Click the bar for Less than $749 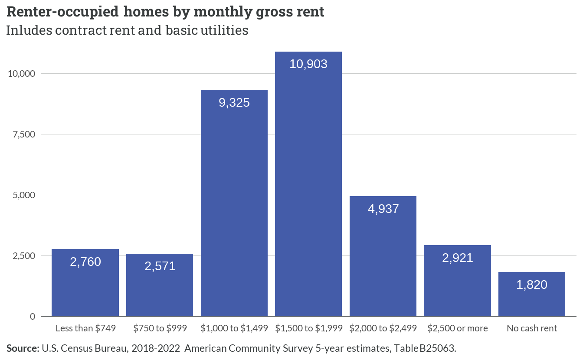(85, 282)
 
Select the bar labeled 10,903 (308, 184)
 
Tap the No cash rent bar (532, 294)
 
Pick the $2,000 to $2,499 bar (383, 256)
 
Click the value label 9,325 (234, 102)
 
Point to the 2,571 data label (160, 266)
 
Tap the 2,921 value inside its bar (458, 258)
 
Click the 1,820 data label (532, 285)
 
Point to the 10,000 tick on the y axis (21, 74)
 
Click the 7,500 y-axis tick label (24, 134)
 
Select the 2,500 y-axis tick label (24, 255)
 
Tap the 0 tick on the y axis (33, 316)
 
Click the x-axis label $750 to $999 (160, 328)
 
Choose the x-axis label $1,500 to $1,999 (309, 328)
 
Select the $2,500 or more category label (458, 328)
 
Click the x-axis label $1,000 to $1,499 (234, 328)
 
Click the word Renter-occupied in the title (62, 12)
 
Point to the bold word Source (23, 348)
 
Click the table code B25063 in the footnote (438, 348)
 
